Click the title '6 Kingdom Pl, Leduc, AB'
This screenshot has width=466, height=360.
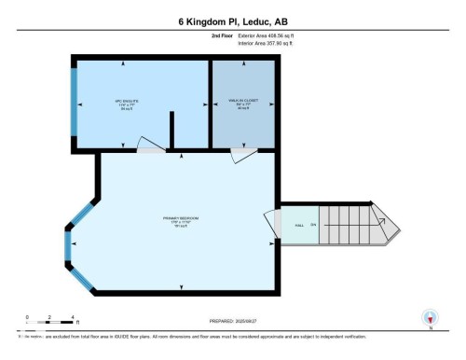click(x=233, y=21)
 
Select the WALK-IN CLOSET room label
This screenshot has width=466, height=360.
click(x=242, y=104)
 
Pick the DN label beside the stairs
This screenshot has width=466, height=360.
click(x=313, y=225)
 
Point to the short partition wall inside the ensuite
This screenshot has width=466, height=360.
click(x=171, y=131)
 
